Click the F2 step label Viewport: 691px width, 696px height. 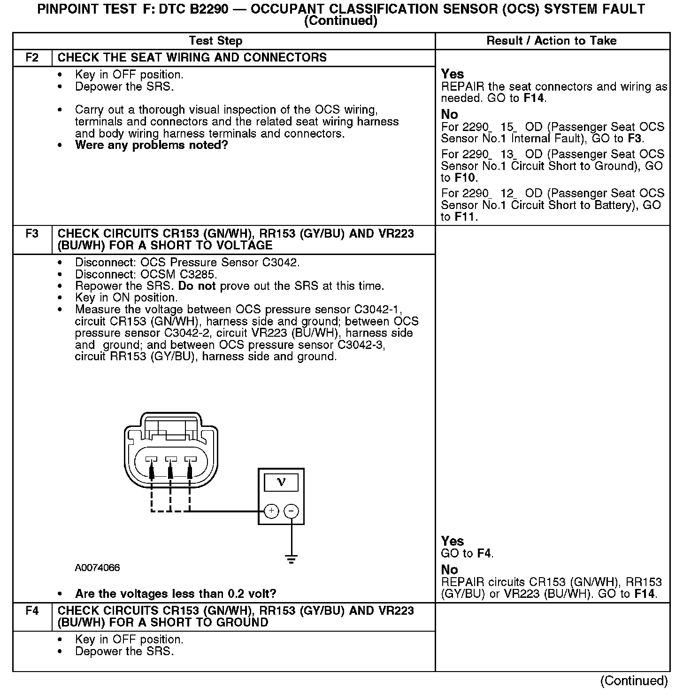tap(32, 58)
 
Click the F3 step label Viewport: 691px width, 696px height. tap(32, 233)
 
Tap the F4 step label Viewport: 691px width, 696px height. tap(32, 611)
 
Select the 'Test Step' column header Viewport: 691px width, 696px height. tap(215, 41)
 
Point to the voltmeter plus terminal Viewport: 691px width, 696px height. tap(271, 511)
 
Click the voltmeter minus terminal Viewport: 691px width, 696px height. tap(292, 511)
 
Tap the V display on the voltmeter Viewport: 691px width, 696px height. tap(281, 482)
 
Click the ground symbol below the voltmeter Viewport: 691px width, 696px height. tap(292, 559)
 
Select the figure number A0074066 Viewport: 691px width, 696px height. tap(97, 568)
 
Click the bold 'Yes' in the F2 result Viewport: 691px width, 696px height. tap(453, 74)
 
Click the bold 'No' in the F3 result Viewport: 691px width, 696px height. tap(449, 570)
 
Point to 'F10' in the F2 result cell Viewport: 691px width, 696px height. tap(465, 178)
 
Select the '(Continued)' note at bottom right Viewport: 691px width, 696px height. tap(634, 681)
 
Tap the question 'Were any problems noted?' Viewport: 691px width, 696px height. tap(151, 145)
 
